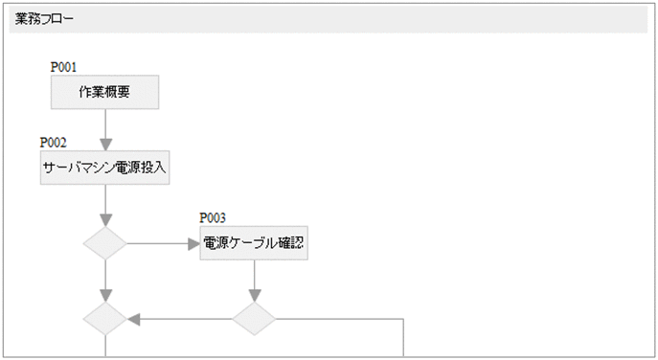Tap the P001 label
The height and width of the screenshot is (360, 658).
click(x=63, y=67)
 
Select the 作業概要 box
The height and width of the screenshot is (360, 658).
click(x=104, y=93)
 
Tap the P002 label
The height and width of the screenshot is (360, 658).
click(x=54, y=143)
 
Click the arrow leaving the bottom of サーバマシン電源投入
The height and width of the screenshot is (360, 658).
click(x=104, y=206)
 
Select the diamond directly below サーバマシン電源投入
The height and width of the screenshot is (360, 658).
click(x=104, y=243)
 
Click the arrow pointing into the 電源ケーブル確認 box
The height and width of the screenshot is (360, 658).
click(x=163, y=243)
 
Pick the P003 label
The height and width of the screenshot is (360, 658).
click(x=213, y=218)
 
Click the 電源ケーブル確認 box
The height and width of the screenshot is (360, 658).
click(x=254, y=243)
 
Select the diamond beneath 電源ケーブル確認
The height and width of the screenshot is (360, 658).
click(x=254, y=319)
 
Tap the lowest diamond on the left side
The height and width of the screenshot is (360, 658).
click(x=104, y=319)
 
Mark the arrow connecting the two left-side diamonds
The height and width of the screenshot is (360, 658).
click(x=104, y=281)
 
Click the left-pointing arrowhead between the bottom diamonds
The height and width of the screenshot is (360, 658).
click(x=134, y=319)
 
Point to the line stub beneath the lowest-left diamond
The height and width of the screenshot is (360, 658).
click(x=104, y=347)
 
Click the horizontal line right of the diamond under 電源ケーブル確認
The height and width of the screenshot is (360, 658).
click(x=340, y=319)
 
